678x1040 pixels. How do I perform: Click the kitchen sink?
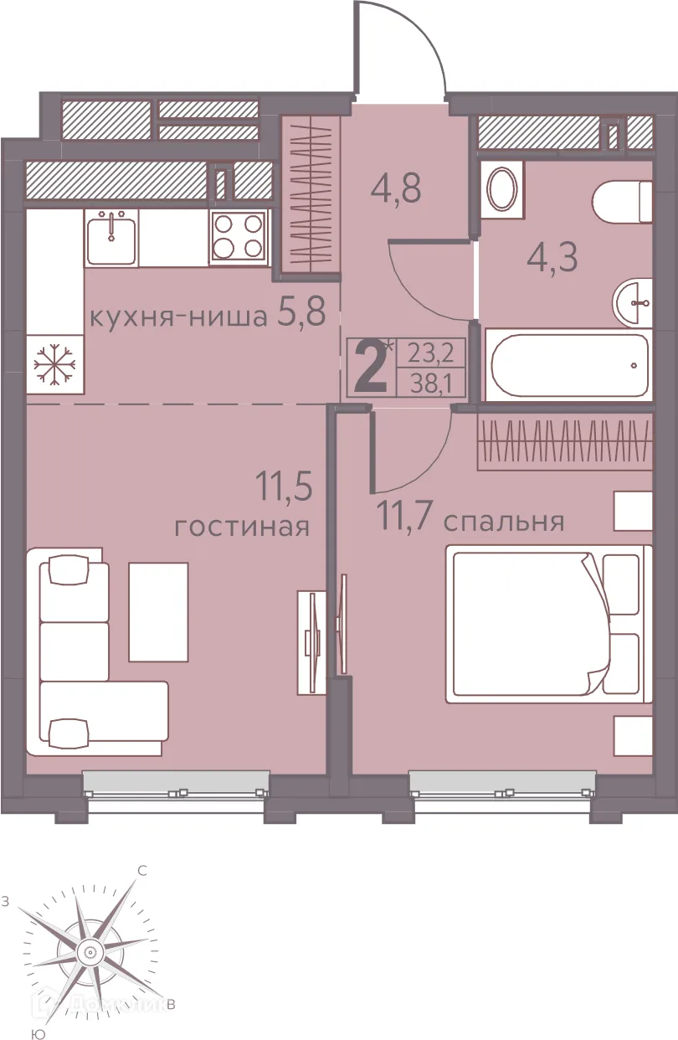110,237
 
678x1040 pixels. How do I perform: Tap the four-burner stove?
239,237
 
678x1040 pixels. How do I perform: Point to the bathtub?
570,366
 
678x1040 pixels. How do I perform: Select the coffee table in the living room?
158,612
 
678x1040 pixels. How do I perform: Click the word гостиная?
242,528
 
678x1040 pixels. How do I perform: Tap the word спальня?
503,522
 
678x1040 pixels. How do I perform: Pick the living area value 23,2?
430,354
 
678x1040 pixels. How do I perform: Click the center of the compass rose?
89,951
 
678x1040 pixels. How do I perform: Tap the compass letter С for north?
142,871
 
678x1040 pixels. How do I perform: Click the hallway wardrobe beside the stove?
311,193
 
